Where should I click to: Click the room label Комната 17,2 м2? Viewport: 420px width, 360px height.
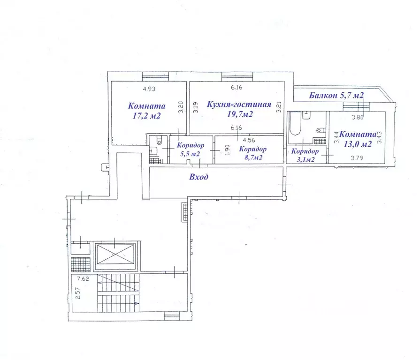[146, 111]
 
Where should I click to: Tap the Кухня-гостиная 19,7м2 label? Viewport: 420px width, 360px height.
[239, 109]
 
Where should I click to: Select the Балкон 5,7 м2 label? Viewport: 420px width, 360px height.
[336, 95]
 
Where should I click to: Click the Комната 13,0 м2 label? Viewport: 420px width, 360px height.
[358, 139]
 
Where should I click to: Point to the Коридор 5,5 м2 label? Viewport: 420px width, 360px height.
[191, 150]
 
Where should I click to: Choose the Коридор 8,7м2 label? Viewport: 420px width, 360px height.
[253, 153]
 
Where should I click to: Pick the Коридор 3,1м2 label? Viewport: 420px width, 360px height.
[305, 155]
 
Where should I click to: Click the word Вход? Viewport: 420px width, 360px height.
[199, 177]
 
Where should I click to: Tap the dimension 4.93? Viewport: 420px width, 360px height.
[149, 89]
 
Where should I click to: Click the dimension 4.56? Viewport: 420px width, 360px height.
[249, 140]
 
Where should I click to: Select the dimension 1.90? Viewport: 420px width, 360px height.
[228, 150]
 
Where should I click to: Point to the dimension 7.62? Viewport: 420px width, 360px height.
[83, 279]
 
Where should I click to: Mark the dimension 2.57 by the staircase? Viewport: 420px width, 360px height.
[78, 293]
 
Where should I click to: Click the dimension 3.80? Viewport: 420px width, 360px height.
[358, 117]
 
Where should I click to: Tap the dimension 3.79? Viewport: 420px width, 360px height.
[357, 158]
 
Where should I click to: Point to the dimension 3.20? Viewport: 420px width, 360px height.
[181, 107]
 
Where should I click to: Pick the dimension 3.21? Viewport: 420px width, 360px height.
[279, 106]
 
